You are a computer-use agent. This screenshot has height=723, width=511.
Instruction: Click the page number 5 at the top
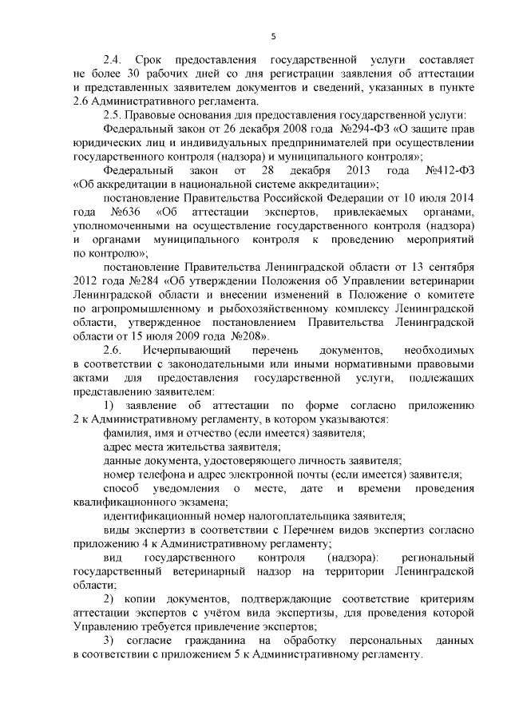tap(273, 36)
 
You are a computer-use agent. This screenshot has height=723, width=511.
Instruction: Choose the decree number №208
tap(244, 336)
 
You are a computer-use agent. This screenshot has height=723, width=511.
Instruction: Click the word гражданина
tap(226, 640)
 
